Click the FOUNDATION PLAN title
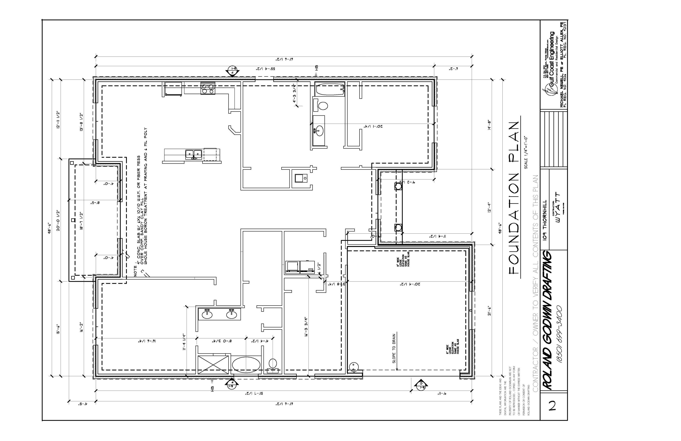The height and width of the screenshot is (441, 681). [514, 198]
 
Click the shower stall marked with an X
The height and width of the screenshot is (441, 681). [213, 364]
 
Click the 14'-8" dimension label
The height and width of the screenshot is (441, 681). [490, 125]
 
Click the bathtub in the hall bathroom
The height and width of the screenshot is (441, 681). [330, 89]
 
